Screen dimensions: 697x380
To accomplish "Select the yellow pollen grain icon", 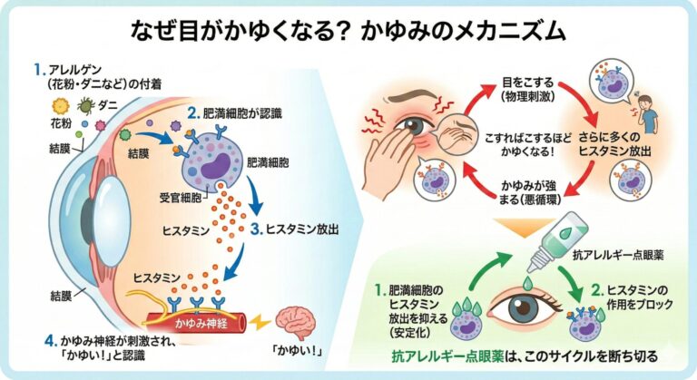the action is [x=61, y=107].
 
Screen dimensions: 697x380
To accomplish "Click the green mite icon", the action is [x=86, y=106].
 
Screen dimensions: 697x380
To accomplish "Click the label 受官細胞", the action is [x=181, y=198].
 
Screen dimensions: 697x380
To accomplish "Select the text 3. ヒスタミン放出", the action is [x=295, y=229].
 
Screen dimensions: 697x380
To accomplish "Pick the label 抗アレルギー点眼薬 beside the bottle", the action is [x=618, y=255].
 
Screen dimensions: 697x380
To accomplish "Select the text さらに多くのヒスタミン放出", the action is [x=614, y=144].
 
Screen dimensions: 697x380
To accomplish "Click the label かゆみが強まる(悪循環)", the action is [x=529, y=192].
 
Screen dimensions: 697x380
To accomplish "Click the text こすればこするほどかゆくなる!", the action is [x=528, y=145].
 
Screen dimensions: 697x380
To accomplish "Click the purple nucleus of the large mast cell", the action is [x=215, y=166].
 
